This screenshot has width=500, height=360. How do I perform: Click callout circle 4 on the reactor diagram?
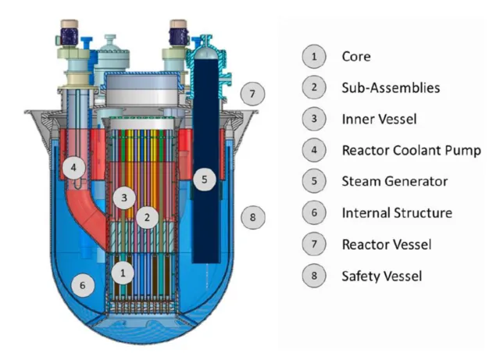pos(73,167)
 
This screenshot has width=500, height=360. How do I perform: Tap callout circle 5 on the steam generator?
pos(205,179)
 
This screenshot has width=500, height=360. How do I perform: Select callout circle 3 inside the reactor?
pos(124,198)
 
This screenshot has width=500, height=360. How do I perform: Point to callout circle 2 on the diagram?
pos(147,217)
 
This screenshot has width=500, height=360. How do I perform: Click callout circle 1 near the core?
pos(123,273)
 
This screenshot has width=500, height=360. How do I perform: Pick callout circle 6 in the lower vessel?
pos(83,285)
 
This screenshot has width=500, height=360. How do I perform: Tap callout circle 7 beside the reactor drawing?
pos(252,94)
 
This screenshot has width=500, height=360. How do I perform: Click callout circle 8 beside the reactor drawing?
pos(253,217)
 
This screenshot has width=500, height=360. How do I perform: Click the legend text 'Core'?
pos(356,57)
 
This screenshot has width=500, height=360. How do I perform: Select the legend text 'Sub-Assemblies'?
pos(391,87)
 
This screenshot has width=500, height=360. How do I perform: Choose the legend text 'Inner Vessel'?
pos(379,119)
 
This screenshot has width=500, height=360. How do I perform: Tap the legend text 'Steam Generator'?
pos(395,181)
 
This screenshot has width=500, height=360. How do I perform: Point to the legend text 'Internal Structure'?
pos(397,212)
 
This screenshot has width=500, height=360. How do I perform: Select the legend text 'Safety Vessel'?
pos(382,276)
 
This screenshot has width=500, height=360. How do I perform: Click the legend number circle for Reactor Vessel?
pos(314,244)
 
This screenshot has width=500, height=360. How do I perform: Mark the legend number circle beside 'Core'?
pos(314,56)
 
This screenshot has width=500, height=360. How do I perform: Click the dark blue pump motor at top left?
pos(70,37)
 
